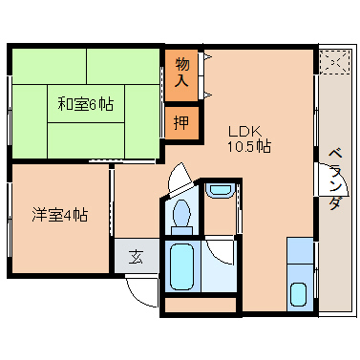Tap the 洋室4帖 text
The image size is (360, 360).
coord(59,215)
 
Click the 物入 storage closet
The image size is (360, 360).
coord(183,74)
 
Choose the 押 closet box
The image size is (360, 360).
coord(181,121)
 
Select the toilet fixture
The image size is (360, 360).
coord(181,215)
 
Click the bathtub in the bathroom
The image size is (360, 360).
coord(181,266)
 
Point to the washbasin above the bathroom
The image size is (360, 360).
coord(220,189)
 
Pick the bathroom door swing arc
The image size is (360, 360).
coord(221,250)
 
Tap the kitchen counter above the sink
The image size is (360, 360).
coord(300,256)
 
